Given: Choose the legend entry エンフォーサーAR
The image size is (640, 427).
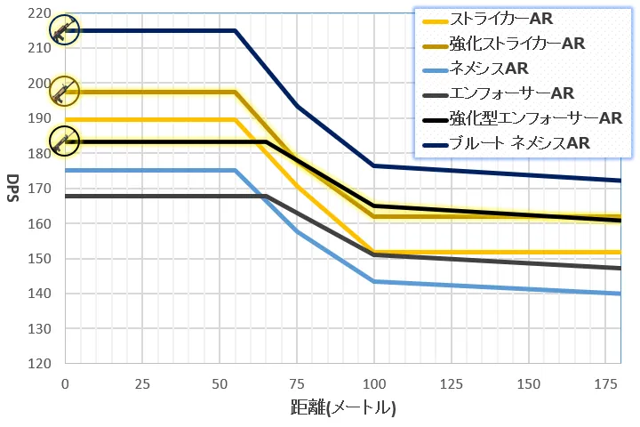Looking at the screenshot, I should [x=512, y=93].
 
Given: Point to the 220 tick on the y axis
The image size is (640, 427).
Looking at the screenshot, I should [x=40, y=13].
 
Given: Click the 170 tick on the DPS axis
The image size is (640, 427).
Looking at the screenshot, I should [x=40, y=189].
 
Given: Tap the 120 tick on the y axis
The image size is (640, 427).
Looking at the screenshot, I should [x=40, y=364].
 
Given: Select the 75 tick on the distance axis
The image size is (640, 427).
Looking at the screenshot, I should [x=297, y=383].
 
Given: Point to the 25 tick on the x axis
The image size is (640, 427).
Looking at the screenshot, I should [x=142, y=383].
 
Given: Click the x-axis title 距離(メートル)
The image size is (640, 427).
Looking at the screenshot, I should [x=342, y=408].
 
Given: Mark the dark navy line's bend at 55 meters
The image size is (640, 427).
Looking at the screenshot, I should [x=235, y=30].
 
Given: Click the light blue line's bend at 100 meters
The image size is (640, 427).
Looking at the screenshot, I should [x=374, y=281].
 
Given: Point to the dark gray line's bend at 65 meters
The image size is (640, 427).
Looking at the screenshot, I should [x=266, y=196].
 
